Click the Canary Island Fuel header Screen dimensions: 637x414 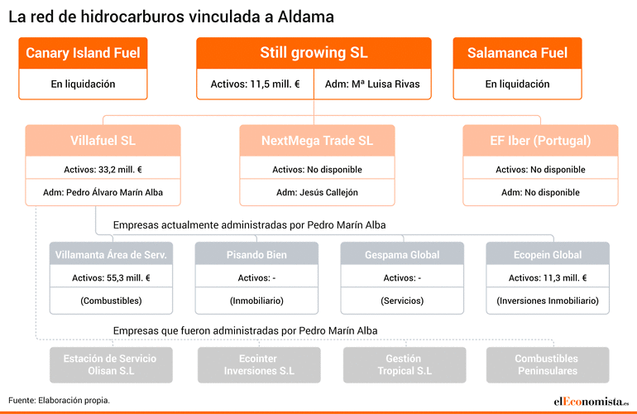83,53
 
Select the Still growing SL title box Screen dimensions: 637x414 314,53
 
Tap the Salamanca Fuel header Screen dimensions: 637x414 517,53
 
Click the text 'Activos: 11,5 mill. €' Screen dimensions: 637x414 255,84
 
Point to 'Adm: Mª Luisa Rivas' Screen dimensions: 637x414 372,84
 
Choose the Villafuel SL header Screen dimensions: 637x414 103,141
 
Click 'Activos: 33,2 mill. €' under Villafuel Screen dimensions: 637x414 103,170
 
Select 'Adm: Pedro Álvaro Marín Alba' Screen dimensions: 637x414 103,192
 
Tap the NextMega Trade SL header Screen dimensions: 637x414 317,141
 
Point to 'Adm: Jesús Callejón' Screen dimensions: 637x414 317,192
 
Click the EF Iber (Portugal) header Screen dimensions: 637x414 540,141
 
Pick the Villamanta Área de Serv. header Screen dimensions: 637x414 111,254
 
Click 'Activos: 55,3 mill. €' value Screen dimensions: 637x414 111,277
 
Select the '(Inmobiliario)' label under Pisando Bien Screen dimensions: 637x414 256,301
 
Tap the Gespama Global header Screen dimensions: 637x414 402,254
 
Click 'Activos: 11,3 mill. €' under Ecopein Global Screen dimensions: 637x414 548,277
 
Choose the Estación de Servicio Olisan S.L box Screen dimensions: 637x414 111,365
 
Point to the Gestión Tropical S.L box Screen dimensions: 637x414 405,365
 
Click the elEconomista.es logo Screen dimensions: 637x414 591,402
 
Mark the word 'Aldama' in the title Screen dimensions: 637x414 306,17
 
